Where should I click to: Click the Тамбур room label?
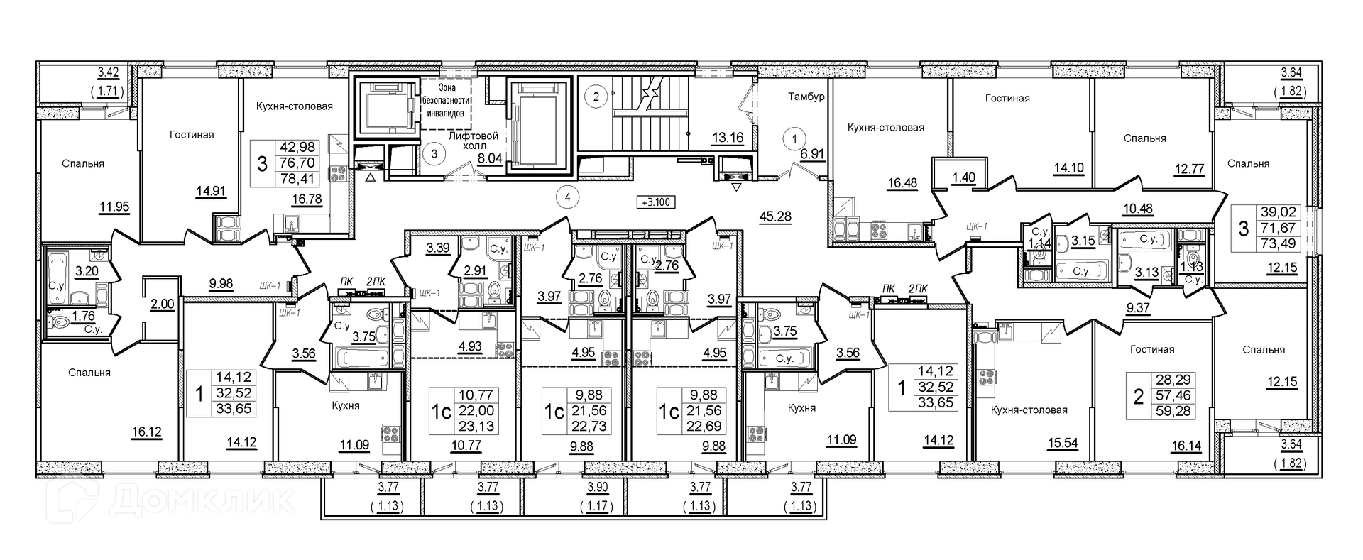(806, 97)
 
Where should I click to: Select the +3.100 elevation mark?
(657, 202)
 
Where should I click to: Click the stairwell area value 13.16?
(728, 138)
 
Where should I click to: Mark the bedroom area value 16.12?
(146, 431)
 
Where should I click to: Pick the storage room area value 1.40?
(963, 178)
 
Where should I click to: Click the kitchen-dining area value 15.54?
(1063, 444)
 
